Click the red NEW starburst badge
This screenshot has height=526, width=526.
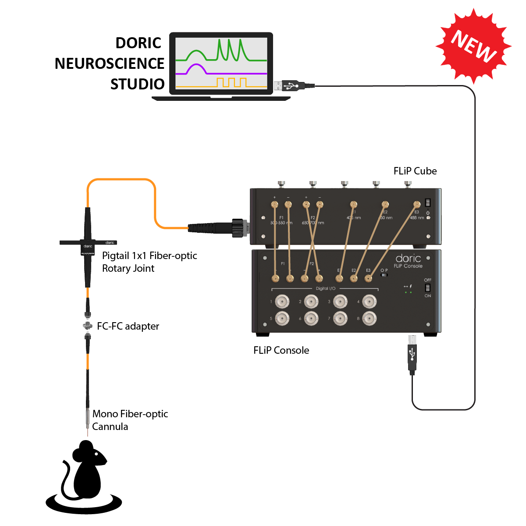point(473,46)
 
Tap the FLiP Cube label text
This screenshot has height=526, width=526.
point(415,171)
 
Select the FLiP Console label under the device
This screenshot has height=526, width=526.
point(281,350)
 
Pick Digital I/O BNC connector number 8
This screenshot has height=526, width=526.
point(369,318)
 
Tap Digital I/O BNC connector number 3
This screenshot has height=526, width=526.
point(340,302)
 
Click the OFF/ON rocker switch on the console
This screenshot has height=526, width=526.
point(427,288)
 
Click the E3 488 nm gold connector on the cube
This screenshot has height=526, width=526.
point(417,204)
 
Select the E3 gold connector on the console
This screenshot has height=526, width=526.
point(369,278)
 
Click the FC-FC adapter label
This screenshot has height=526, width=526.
point(128,326)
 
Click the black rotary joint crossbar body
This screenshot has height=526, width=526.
point(88,242)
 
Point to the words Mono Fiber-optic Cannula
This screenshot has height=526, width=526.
point(130,420)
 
